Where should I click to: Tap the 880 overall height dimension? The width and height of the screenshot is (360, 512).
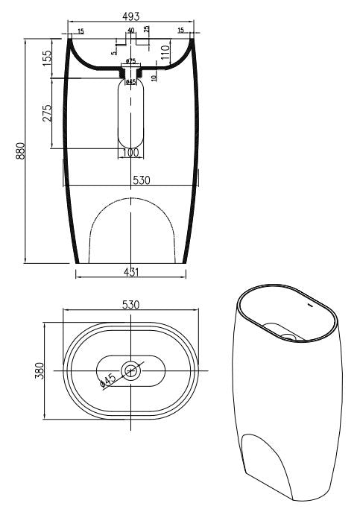click(x=22, y=151)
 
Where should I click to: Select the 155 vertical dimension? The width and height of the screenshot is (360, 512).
click(x=47, y=58)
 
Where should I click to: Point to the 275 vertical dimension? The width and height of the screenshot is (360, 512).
click(x=47, y=113)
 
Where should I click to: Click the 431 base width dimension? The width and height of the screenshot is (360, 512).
click(x=130, y=272)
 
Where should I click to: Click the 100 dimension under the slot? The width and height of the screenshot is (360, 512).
click(x=130, y=153)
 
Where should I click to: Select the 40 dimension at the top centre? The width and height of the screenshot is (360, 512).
click(x=131, y=31)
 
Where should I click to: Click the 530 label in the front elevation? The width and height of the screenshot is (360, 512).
click(x=142, y=180)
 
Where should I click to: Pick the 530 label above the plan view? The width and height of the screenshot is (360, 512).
click(x=131, y=305)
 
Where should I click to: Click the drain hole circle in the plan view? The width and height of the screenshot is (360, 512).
click(x=132, y=370)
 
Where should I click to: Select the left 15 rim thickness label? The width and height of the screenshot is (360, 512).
click(x=80, y=31)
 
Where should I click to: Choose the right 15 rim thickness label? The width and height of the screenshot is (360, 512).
click(x=180, y=31)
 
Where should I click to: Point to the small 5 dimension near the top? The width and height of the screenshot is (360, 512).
click(x=114, y=51)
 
